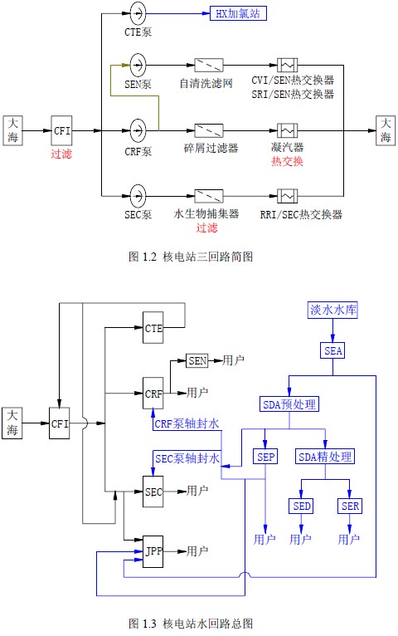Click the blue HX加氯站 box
238,13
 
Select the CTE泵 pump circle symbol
138,13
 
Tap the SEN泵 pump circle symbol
138,65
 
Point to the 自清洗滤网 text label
206,84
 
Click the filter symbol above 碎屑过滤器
209,130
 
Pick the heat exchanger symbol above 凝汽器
288,130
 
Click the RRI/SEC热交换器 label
301,214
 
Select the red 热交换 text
287,161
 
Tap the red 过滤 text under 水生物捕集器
207,228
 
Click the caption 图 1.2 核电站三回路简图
191,257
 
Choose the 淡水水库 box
332,311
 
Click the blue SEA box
333,350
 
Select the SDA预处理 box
289,404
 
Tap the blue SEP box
265,457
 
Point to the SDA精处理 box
325,457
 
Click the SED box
301,506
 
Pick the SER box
350,506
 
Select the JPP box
153,551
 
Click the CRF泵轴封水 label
187,424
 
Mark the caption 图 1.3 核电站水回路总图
191,623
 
